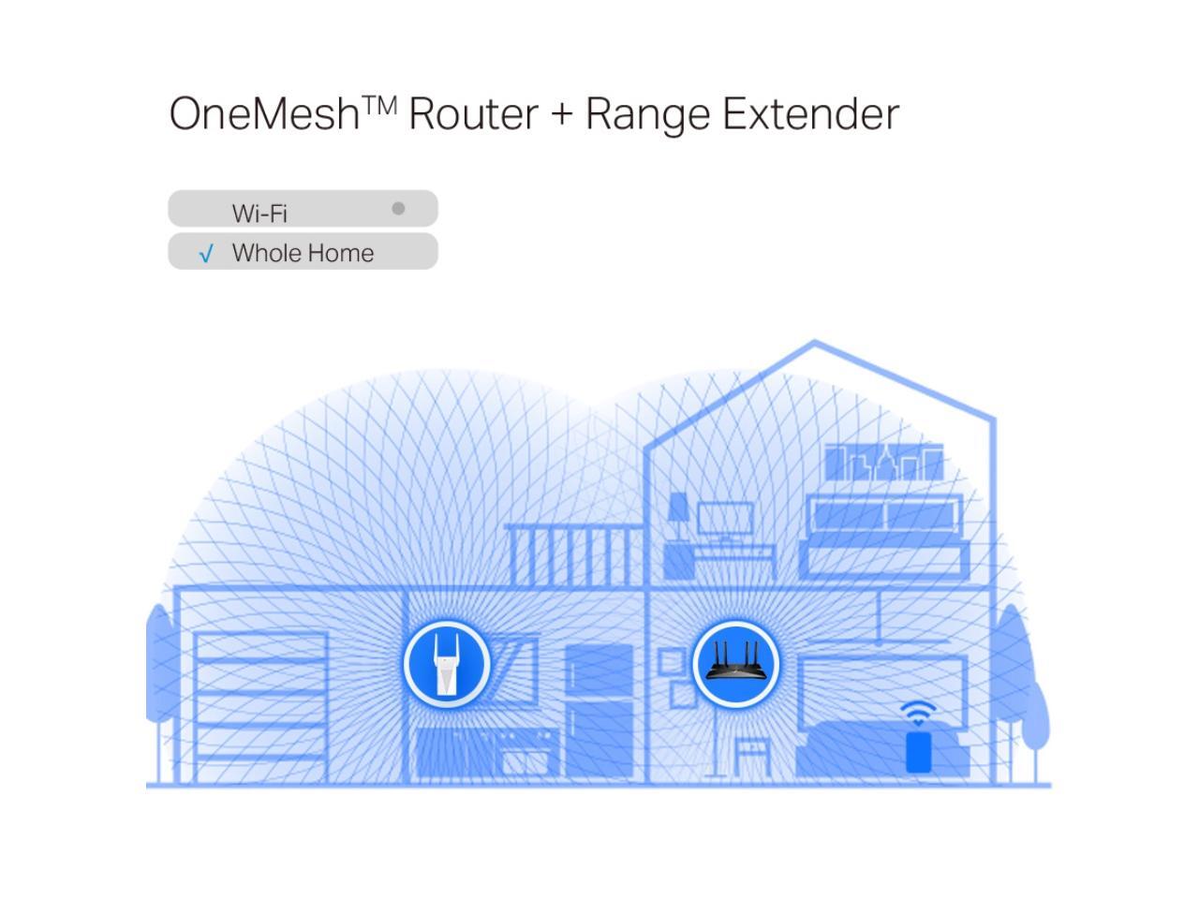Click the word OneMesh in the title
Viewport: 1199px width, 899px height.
[x=265, y=114]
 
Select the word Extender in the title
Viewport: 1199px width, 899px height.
[x=810, y=114]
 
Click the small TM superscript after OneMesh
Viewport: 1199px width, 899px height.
[x=379, y=103]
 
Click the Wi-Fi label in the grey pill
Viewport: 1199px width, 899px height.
[x=259, y=214]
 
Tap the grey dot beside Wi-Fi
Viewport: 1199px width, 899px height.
[x=398, y=208]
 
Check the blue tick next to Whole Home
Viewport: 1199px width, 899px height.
[x=207, y=254]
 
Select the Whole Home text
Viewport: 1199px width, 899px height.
[x=303, y=253]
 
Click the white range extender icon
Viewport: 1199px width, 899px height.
[x=447, y=663]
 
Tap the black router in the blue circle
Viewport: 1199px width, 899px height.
[x=736, y=663]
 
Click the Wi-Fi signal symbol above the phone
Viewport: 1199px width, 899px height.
[x=919, y=712]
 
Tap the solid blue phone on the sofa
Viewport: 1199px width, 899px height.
[x=919, y=752]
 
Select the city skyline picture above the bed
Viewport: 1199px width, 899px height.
[x=883, y=463]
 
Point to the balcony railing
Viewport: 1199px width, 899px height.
[x=574, y=554]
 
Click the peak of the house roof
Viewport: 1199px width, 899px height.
[x=814, y=344]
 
